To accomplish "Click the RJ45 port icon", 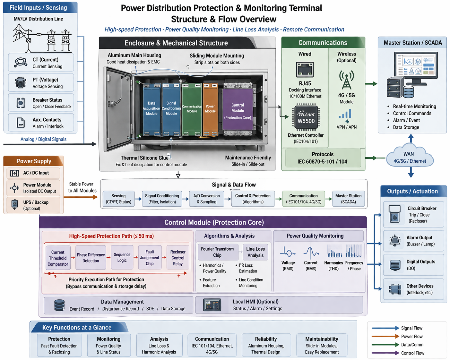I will tap(305, 69).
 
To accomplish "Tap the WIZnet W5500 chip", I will tap(306, 118).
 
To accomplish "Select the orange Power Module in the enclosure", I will tap(210, 109).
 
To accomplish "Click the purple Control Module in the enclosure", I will tap(238, 109).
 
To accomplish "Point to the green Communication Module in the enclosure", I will tap(192, 109).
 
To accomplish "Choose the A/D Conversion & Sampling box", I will tap(206, 199).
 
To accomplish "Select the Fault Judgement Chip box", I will tap(150, 258).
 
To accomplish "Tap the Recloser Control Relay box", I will tap(178, 258).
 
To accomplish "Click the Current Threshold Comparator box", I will tap(58, 258).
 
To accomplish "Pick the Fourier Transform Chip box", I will tap(217, 252).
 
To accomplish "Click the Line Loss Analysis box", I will tap(255, 252).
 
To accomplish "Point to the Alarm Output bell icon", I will tap(395, 241).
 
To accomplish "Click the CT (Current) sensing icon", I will tap(21, 62).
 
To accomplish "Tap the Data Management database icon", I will tap(59, 305).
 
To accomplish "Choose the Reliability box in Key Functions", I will tap(266, 345).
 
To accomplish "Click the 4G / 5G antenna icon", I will tap(346, 80).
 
